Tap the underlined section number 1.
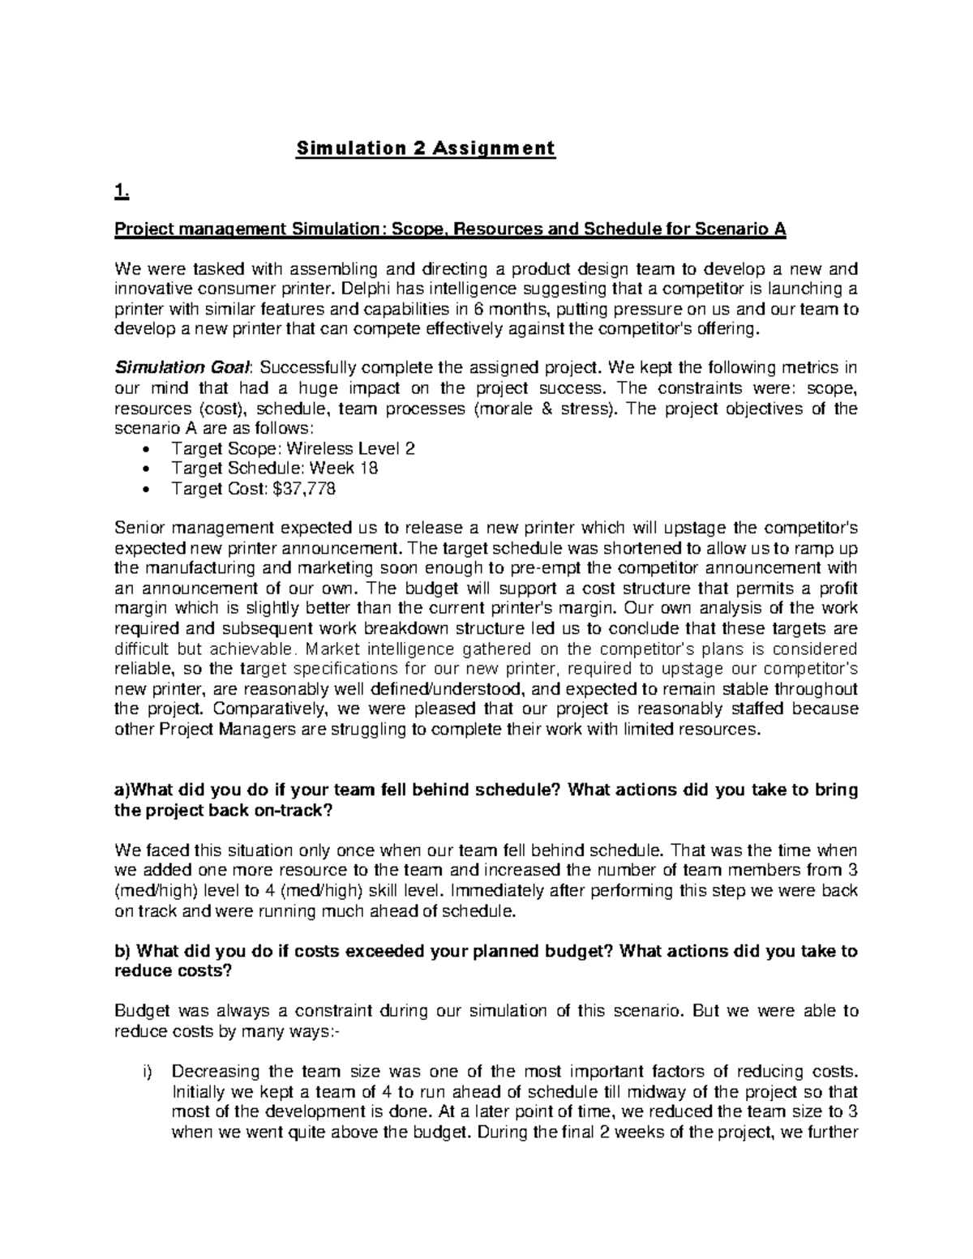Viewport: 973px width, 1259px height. coord(122,191)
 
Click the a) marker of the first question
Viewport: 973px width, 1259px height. coord(122,790)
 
